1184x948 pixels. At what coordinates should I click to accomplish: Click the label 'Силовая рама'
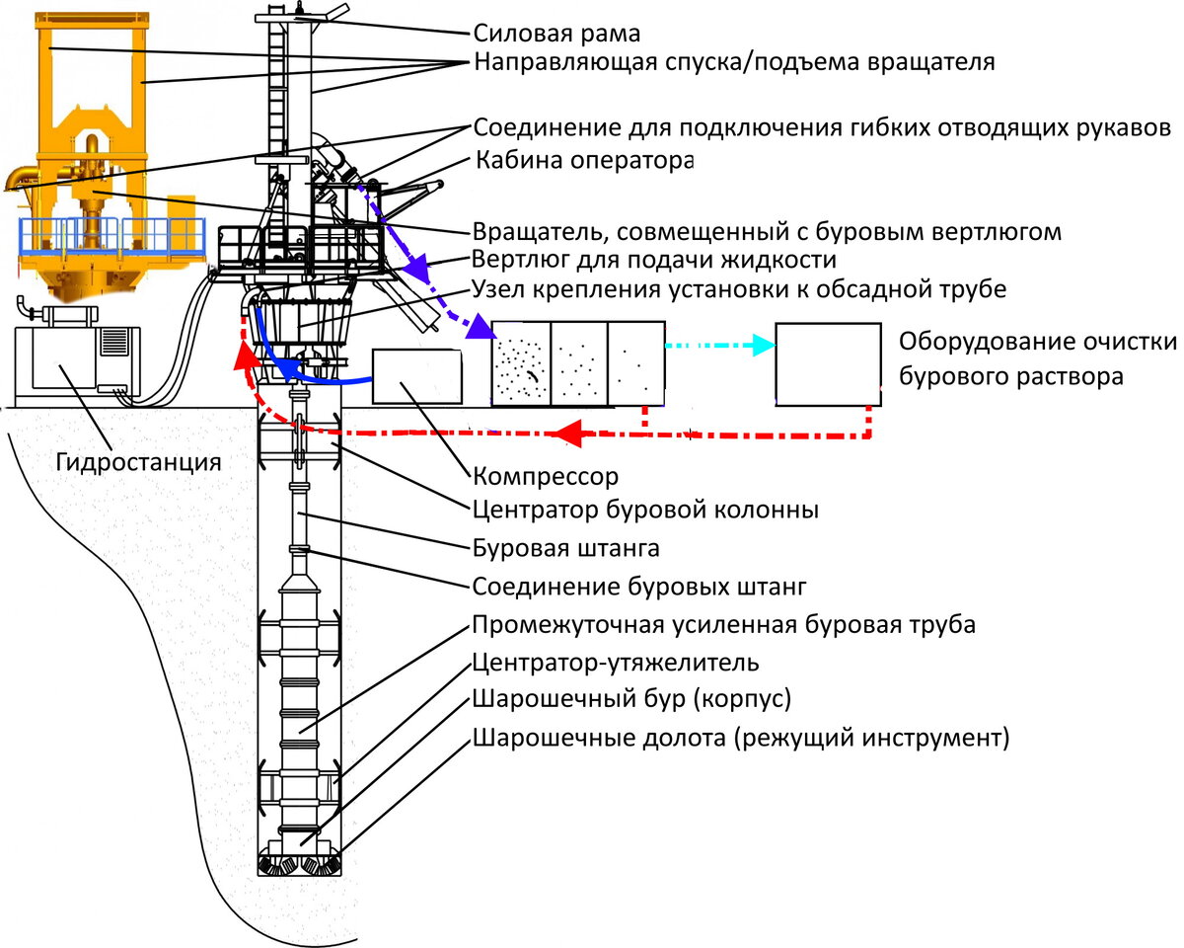[556, 33]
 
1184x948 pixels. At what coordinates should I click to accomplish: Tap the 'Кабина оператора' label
[584, 160]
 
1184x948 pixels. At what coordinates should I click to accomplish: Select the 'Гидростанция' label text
[138, 462]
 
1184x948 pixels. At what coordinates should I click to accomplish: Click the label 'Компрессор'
[546, 476]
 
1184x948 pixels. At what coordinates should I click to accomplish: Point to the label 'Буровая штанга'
[566, 548]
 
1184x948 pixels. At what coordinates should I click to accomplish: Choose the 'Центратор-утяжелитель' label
[616, 662]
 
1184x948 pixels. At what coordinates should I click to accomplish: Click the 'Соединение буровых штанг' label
[639, 587]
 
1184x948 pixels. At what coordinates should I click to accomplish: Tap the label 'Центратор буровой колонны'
[646, 510]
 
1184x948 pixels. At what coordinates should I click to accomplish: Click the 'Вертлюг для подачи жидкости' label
[654, 260]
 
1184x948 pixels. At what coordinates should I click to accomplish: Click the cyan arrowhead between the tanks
[765, 346]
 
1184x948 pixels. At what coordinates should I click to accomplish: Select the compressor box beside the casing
[417, 377]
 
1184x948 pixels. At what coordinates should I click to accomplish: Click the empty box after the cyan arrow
[828, 364]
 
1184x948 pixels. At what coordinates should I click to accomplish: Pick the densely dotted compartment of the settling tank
[521, 364]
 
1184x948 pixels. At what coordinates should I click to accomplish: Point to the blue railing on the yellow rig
[111, 236]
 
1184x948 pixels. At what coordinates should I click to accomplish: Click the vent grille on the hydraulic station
[113, 342]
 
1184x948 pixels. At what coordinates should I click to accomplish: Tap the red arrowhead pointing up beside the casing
[244, 355]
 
